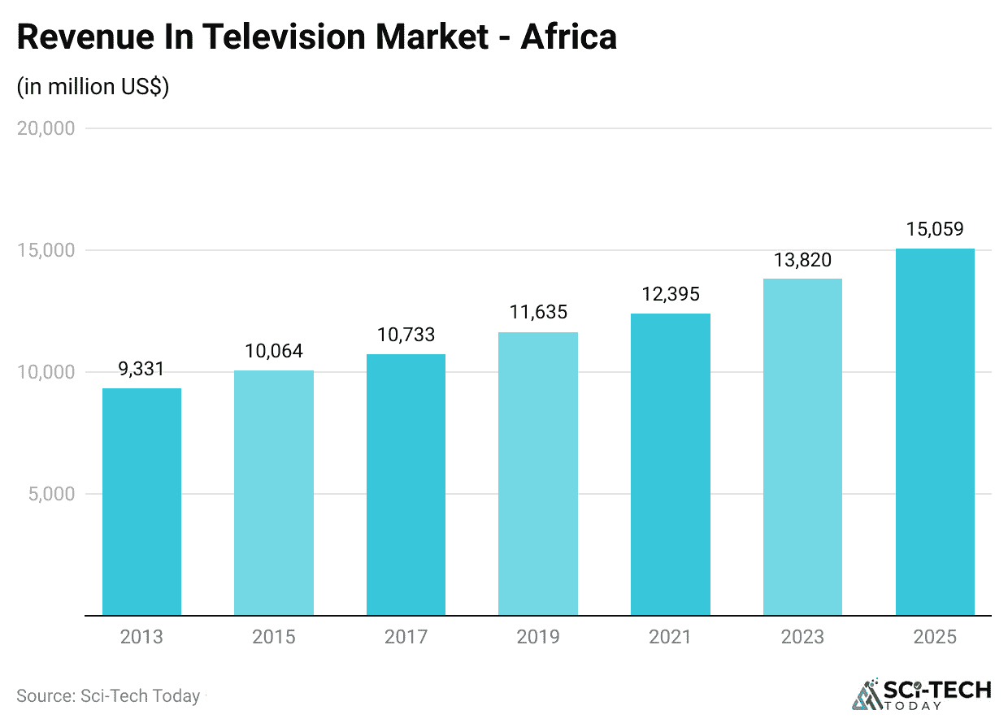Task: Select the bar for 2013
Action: (141, 501)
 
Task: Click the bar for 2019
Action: (538, 474)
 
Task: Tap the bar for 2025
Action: (935, 431)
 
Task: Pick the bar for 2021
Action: (671, 464)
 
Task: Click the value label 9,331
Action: (141, 370)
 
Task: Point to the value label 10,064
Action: (274, 351)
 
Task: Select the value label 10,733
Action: (406, 334)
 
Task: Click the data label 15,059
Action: (935, 229)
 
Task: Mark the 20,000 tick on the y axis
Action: (46, 128)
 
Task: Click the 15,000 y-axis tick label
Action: (46, 250)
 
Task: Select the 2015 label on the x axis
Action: (274, 637)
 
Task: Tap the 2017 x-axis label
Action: (406, 637)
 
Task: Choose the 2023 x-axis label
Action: (802, 637)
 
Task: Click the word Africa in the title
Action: (568, 37)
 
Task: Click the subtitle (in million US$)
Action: (93, 87)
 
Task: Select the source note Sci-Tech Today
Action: (108, 696)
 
